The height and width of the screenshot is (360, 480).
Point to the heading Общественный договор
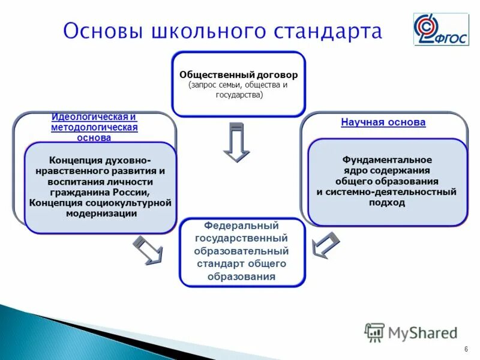[238, 76]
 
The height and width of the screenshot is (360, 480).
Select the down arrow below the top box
[236, 142]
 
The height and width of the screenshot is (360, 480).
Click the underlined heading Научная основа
[383, 122]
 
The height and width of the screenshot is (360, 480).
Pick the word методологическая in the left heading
[94, 127]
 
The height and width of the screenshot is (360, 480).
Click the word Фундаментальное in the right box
[387, 160]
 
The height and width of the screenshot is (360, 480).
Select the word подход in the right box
[387, 203]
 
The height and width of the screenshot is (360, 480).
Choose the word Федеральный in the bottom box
[241, 226]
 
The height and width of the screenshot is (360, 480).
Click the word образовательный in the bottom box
[242, 251]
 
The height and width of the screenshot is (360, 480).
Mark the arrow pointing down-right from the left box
[148, 250]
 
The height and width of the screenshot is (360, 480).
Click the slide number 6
[466, 350]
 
